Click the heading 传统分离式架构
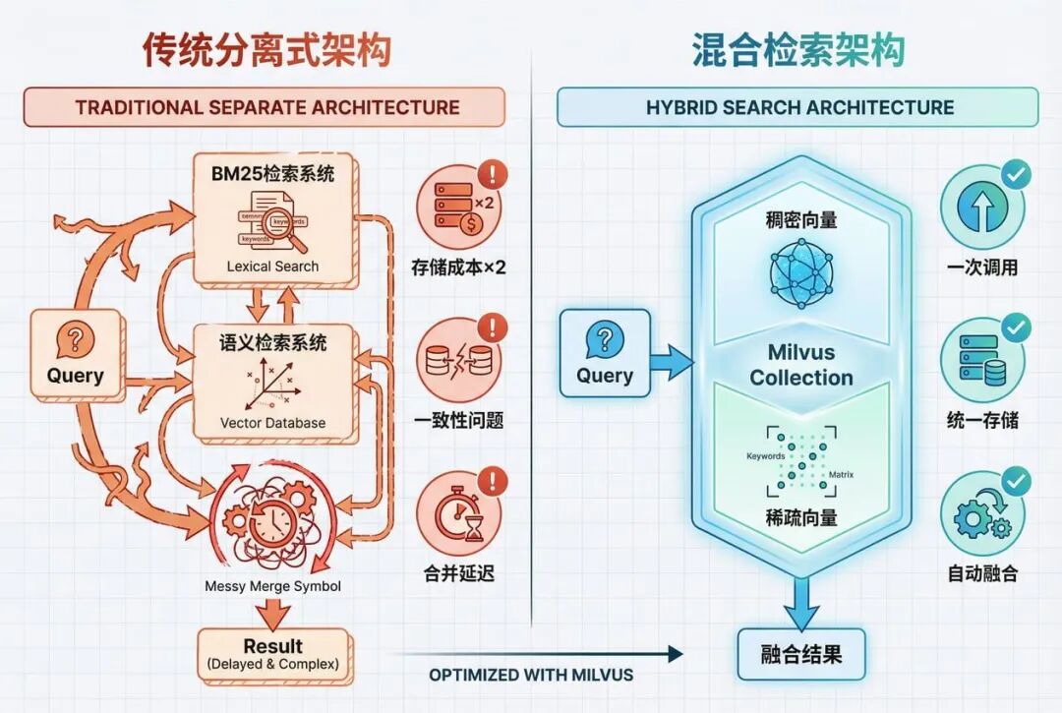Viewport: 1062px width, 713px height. coord(266,51)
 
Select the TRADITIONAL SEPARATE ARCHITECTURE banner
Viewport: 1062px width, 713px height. coord(265,107)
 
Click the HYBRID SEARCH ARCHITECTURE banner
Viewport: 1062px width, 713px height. coord(798,107)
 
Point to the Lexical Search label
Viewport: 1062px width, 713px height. coord(272,266)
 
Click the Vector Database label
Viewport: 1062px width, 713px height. coord(272,423)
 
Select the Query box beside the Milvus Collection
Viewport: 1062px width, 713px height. coord(605,354)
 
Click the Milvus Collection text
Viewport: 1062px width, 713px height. coord(801,366)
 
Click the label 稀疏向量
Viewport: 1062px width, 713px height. coord(801,517)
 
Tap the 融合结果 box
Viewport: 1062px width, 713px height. coord(801,654)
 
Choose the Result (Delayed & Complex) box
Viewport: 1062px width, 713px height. coord(273,654)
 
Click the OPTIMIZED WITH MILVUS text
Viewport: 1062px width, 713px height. coord(531,675)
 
